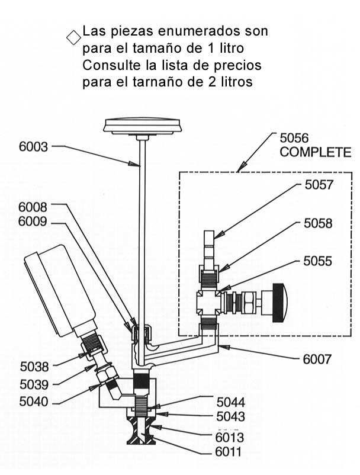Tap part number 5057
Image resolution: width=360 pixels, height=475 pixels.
coord(319,185)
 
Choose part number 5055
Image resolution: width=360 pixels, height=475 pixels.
coord(318,261)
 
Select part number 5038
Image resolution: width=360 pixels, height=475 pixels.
coord(34,367)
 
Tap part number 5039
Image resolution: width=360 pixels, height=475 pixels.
coord(34,384)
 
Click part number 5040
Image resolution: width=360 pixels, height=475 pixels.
coord(34,401)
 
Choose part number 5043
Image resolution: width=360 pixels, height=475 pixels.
coord(230,416)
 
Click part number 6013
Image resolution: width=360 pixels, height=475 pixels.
coord(230,439)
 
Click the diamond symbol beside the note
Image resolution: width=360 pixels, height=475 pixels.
coord(73,37)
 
